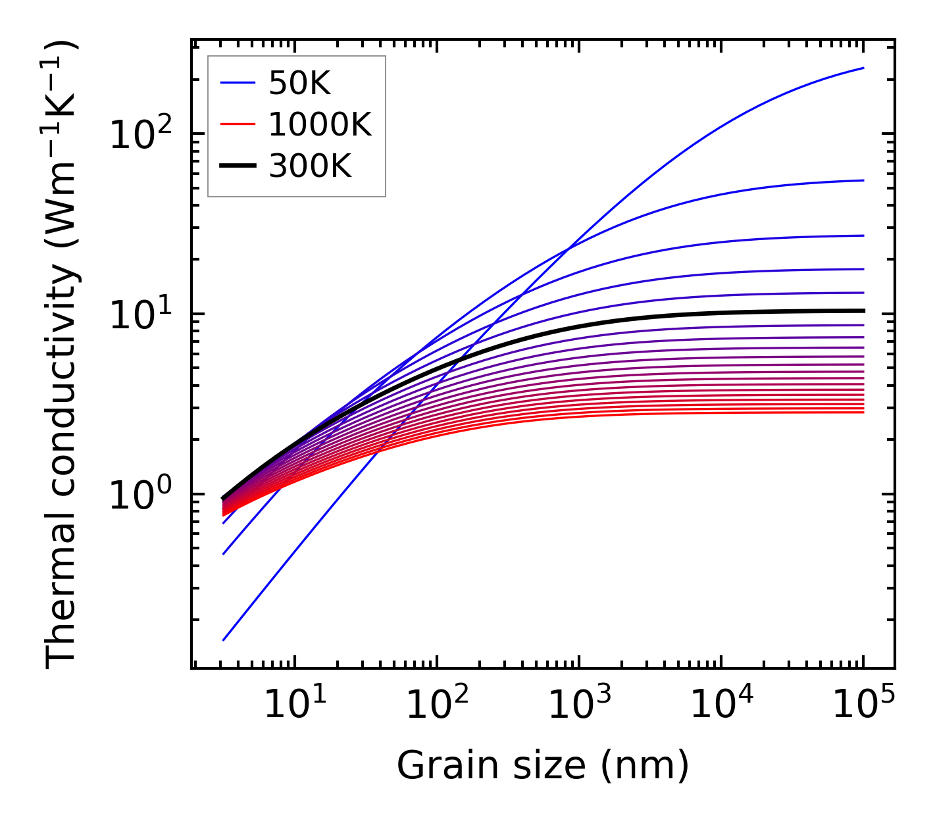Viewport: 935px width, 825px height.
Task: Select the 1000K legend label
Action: coord(320,124)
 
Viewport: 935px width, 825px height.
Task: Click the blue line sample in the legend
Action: coord(237,83)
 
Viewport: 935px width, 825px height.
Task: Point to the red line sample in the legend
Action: coord(237,124)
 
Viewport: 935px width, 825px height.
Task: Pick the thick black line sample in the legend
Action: coord(237,166)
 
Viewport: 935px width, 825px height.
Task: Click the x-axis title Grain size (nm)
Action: coord(543,765)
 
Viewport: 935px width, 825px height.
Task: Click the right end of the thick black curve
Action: coord(863,311)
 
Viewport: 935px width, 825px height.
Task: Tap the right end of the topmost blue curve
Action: coord(863,68)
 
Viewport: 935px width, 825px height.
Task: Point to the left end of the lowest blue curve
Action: coord(224,639)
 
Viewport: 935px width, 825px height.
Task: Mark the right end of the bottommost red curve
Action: coord(863,413)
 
